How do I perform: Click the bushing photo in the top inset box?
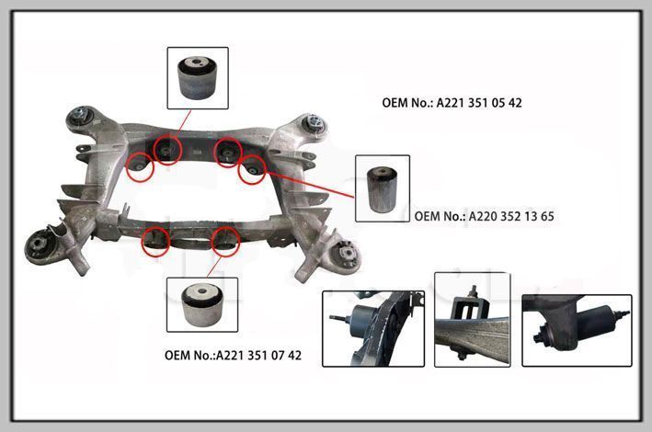click(x=198, y=78)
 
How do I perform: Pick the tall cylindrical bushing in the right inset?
click(x=383, y=189)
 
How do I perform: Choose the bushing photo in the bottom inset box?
click(x=203, y=305)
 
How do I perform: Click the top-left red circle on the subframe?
click(x=167, y=150)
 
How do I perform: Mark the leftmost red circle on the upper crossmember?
click(x=140, y=167)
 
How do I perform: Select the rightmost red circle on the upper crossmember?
click(x=252, y=169)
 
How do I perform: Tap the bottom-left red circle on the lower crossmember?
click(x=155, y=242)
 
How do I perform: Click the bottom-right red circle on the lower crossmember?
click(x=226, y=242)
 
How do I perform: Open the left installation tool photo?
click(x=373, y=328)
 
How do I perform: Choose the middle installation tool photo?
click(x=473, y=320)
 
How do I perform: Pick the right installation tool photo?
click(x=577, y=331)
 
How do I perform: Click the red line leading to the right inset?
click(x=310, y=184)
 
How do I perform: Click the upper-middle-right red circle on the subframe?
click(x=228, y=153)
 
